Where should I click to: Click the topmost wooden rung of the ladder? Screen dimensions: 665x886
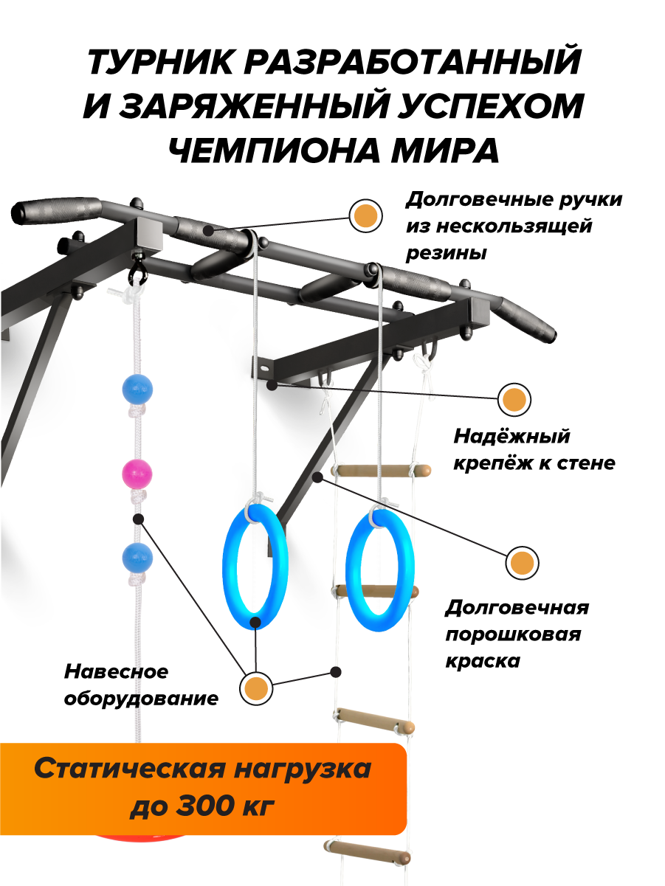click(x=381, y=470)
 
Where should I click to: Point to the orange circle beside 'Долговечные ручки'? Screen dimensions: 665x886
click(x=365, y=215)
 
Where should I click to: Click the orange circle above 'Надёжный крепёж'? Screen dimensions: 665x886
click(x=514, y=400)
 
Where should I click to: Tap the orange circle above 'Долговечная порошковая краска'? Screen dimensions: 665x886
click(x=522, y=563)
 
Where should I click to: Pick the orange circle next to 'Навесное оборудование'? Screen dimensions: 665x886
click(x=255, y=688)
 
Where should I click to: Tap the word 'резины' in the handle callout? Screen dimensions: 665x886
click(x=447, y=253)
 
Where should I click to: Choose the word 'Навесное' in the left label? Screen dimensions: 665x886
click(x=117, y=672)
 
